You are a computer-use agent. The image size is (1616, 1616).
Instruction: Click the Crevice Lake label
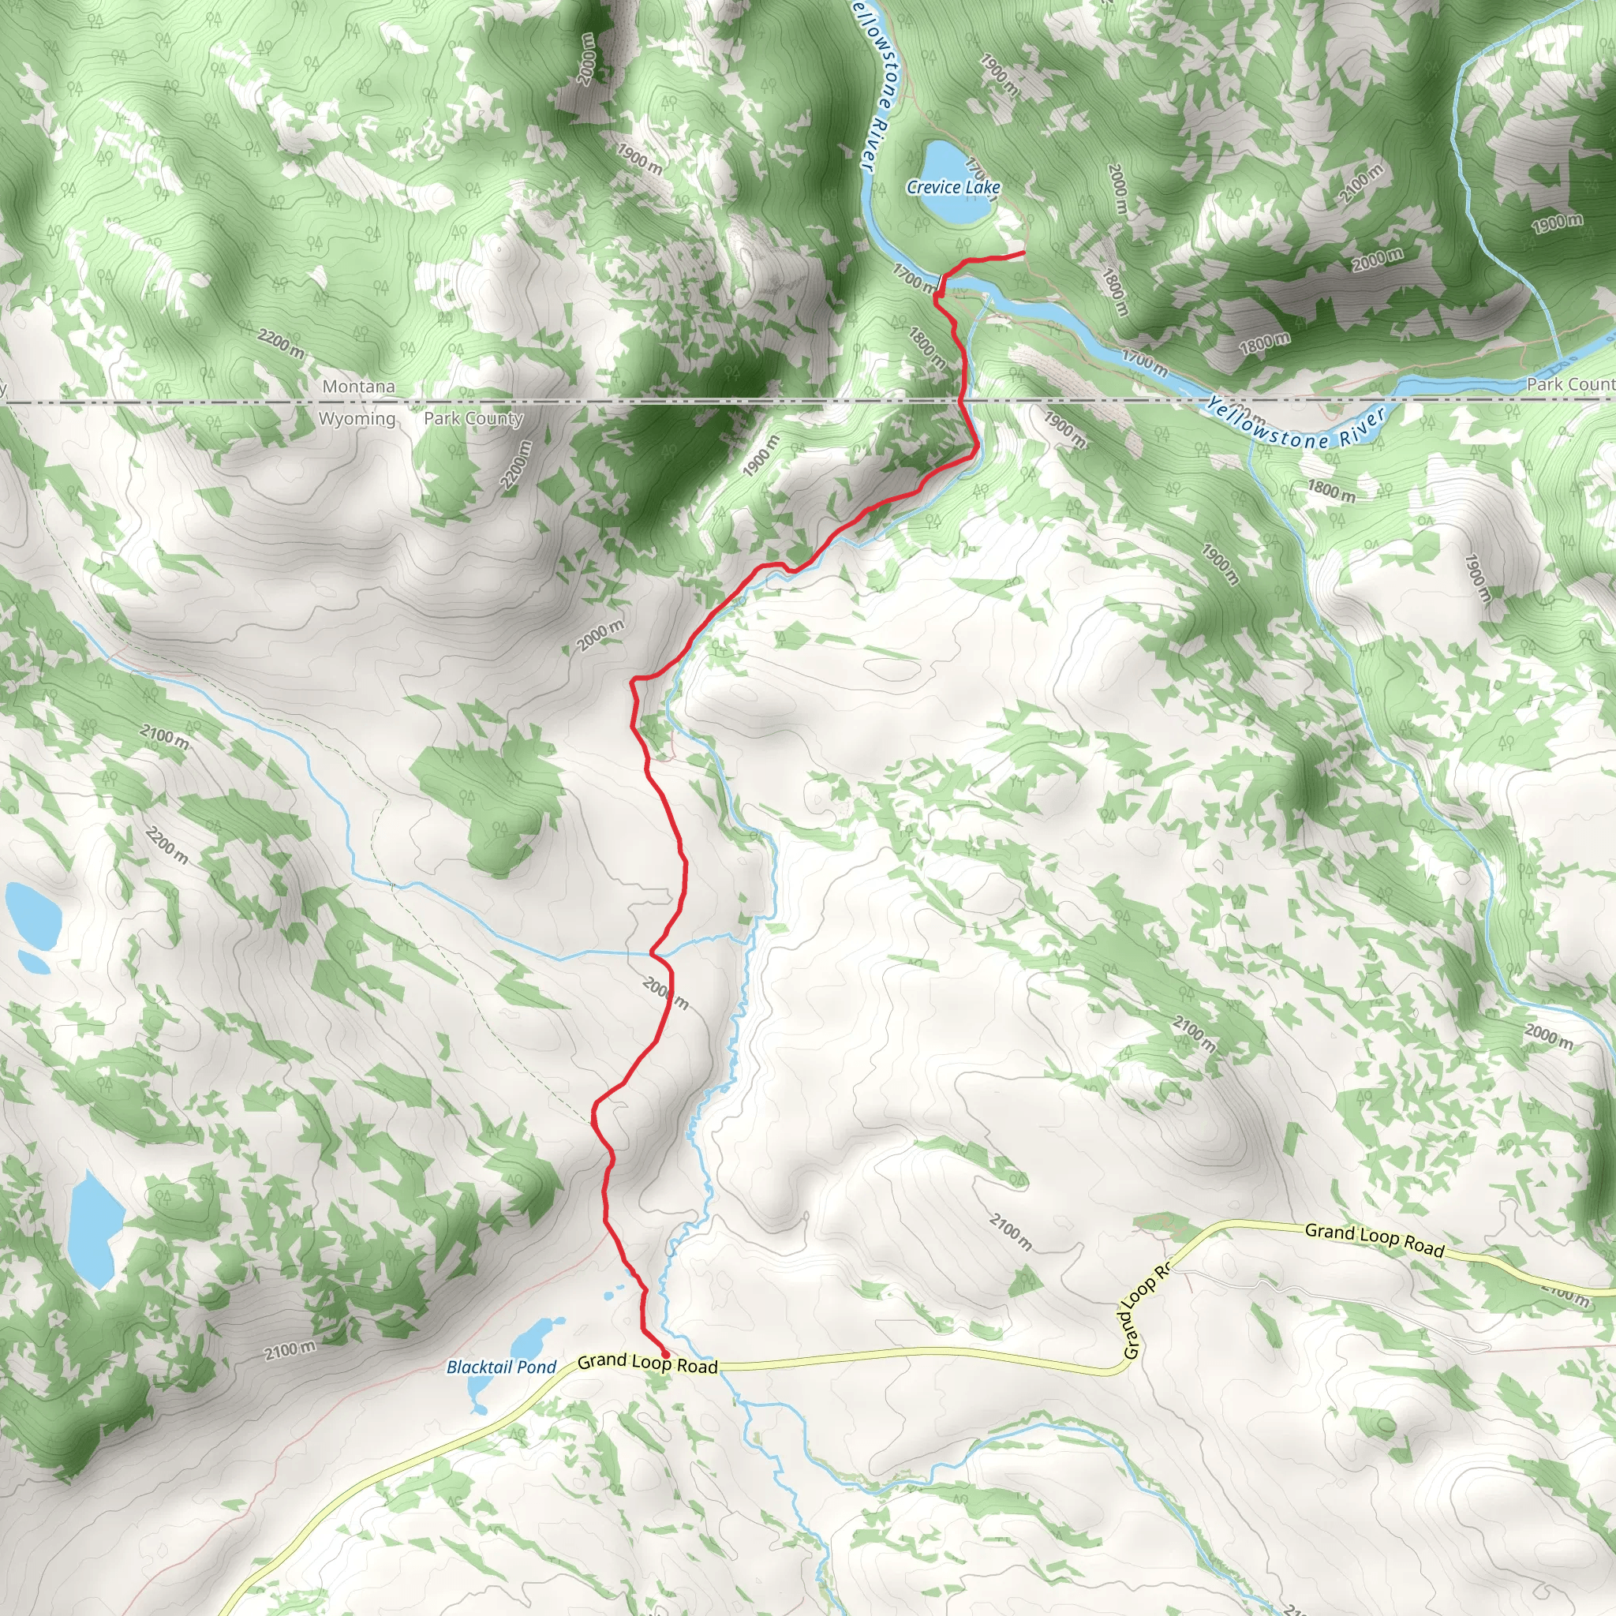[953, 187]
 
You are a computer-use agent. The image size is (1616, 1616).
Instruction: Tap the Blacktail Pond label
[501, 1367]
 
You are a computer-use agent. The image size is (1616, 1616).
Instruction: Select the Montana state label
[359, 387]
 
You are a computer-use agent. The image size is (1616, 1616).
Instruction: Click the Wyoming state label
[357, 418]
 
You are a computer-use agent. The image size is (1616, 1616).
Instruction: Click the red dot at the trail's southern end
[665, 1353]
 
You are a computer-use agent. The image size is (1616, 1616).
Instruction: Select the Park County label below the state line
[473, 418]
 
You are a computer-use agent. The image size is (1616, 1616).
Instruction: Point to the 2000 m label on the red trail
[666, 992]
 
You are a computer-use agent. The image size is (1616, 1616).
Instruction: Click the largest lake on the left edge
[94, 1229]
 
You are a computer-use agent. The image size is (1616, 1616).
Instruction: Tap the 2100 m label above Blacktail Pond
[290, 1350]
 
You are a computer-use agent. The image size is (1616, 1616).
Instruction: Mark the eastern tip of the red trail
[1023, 252]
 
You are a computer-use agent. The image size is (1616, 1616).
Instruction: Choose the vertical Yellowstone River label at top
[875, 84]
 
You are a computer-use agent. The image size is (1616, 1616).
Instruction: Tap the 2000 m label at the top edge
[587, 58]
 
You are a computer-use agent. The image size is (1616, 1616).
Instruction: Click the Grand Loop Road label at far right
[1375, 1239]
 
